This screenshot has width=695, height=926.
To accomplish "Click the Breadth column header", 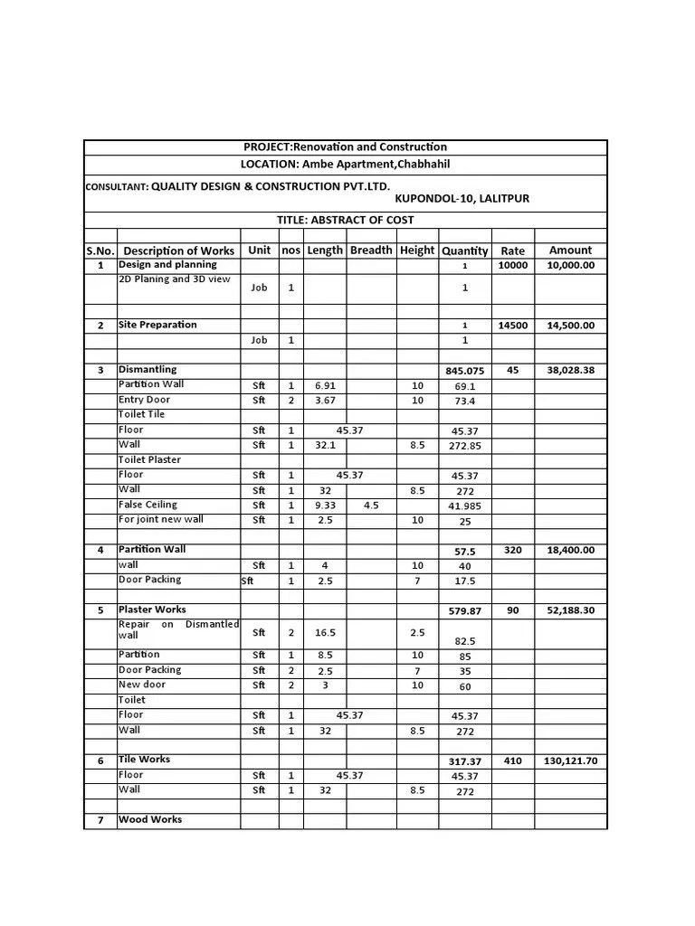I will [371, 250].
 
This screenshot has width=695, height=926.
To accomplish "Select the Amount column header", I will [570, 250].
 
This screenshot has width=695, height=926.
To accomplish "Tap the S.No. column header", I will [100, 250].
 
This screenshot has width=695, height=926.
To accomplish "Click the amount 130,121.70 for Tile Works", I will [570, 761].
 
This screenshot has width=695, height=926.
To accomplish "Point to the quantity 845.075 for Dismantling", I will [465, 371].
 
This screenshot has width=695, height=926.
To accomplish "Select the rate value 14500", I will [513, 326].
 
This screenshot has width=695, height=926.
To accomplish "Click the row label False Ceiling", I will [148, 505].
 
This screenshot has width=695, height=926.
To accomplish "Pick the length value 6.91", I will [325, 385].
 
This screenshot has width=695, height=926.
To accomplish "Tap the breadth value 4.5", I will [371, 506].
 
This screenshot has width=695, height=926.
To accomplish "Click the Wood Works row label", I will [150, 819].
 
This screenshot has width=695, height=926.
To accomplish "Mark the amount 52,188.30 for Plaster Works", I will [570, 611].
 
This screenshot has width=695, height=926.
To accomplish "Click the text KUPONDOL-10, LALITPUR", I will [462, 198].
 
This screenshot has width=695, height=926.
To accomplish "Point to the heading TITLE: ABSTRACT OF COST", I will [345, 221].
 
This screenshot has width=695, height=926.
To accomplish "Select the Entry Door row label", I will [144, 400].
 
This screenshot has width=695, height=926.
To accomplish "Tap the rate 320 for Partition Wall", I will [513, 550].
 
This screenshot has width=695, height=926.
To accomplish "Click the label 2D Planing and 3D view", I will [175, 279].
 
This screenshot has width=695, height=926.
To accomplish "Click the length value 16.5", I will [325, 633].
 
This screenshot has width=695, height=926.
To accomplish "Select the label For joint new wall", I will [161, 519].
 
